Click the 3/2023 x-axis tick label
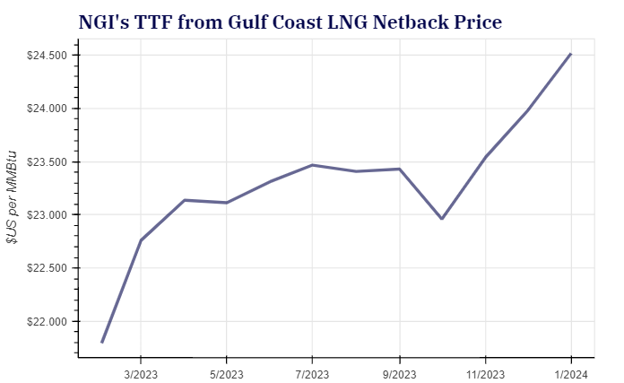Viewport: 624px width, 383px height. tap(141, 372)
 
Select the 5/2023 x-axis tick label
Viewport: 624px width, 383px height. tap(226, 372)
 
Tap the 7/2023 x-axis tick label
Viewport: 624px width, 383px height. tap(312, 372)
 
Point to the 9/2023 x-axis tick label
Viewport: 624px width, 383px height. tap(399, 372)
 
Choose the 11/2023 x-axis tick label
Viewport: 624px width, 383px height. tap(485, 372)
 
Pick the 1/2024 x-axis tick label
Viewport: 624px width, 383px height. tap(571, 372)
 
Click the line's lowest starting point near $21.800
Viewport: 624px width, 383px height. tap(102, 342)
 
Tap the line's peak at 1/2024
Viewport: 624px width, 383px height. tap(571, 54)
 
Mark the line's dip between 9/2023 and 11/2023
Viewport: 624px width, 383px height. tap(442, 219)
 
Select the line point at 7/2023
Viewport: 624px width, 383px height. tap(312, 165)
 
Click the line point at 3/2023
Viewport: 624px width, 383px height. tap(141, 240)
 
